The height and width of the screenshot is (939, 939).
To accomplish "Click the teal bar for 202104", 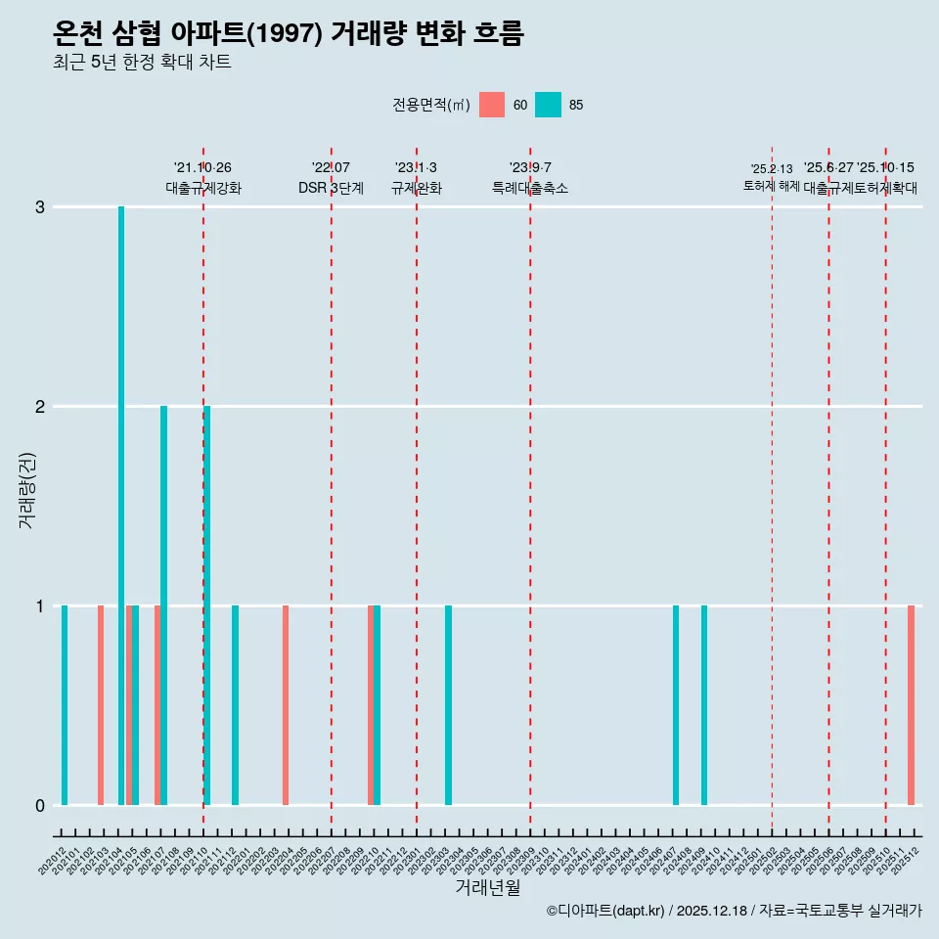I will click(x=121, y=506).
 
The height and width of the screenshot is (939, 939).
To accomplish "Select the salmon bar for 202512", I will click(x=911, y=705).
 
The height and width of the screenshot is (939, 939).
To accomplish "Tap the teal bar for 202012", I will click(x=65, y=705).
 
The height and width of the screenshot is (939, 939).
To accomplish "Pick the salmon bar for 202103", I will click(x=101, y=705).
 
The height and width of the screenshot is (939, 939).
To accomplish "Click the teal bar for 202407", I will click(x=676, y=705).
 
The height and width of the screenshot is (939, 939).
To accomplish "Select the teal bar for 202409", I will click(x=704, y=705).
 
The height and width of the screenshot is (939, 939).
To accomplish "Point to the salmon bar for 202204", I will click(x=286, y=705).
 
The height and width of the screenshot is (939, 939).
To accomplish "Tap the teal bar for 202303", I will click(x=448, y=705).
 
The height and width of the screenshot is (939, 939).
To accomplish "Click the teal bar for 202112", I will click(x=235, y=705).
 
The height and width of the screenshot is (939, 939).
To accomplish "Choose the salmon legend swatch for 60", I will click(x=492, y=105).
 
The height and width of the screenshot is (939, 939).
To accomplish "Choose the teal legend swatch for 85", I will click(x=549, y=105).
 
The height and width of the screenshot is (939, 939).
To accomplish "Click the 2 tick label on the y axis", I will click(x=40, y=407).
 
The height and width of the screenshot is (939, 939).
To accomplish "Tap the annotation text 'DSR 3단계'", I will click(x=332, y=188).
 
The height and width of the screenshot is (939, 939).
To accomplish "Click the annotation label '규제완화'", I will click(x=417, y=188).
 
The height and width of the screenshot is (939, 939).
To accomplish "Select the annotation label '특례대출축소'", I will click(x=530, y=188).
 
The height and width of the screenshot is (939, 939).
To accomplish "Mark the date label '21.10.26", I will click(x=203, y=167).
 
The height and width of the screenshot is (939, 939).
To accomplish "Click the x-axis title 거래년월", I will click(x=487, y=887).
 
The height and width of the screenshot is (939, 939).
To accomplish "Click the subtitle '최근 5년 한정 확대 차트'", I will click(x=143, y=64).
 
